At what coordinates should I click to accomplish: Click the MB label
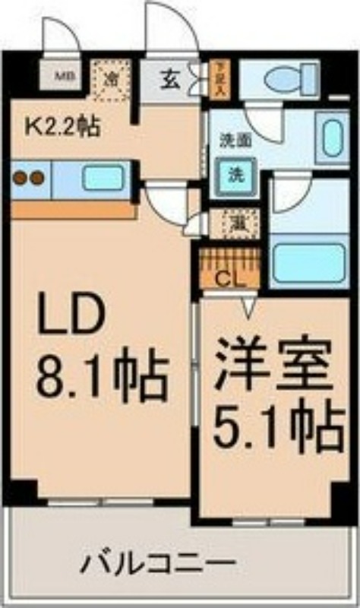pos(68,76)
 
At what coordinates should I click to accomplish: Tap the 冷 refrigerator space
pos(111,79)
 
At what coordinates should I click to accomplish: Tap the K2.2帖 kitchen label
pos(63,125)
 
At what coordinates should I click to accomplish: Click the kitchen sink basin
pos(103,179)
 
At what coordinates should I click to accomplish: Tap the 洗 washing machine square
pos(237,173)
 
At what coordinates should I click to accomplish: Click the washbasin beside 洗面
pos(332,137)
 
